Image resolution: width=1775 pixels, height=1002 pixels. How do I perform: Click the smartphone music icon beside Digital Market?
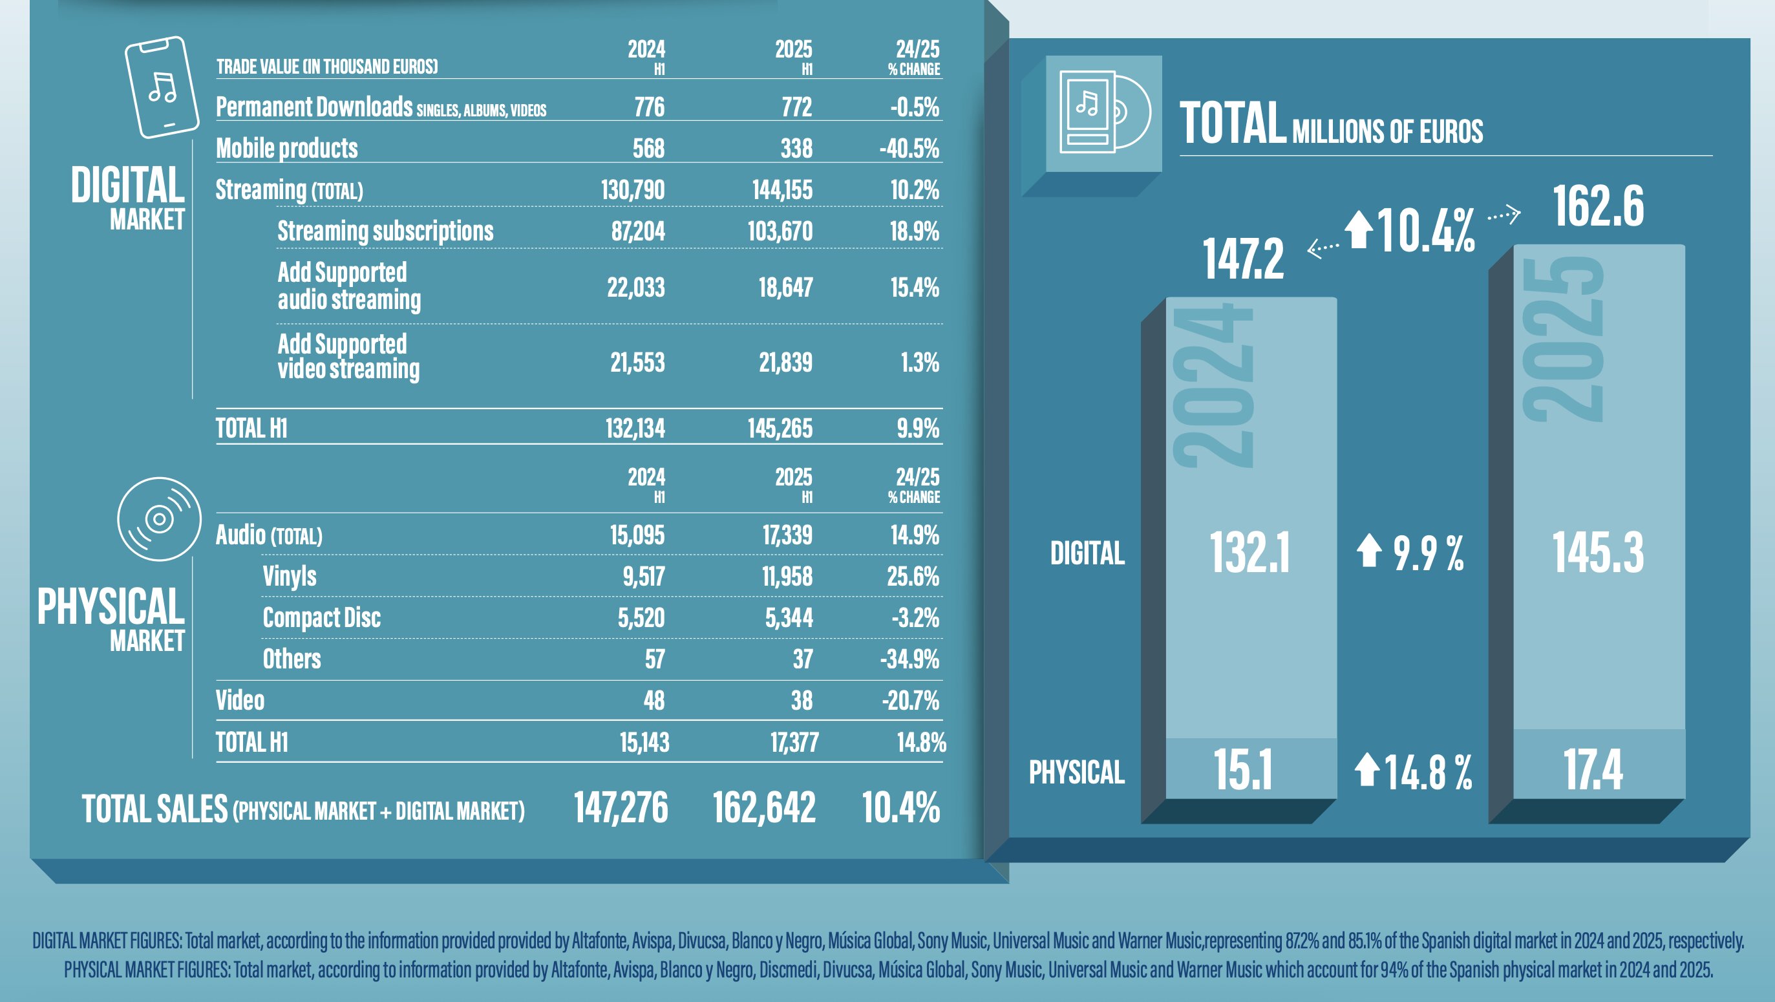pyautogui.click(x=162, y=87)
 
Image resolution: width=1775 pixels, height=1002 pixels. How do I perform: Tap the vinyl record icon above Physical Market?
pyautogui.click(x=159, y=519)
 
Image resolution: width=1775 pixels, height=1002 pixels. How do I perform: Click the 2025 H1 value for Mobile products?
pyautogui.click(x=796, y=148)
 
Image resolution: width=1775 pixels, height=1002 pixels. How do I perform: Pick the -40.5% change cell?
pyautogui.click(x=909, y=148)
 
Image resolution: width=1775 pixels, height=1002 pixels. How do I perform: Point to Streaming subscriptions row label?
pyautogui.click(x=385, y=231)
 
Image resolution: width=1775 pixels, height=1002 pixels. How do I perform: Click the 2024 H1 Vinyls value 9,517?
pyautogui.click(x=644, y=576)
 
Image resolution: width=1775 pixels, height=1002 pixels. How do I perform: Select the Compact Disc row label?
pyautogui.click(x=321, y=617)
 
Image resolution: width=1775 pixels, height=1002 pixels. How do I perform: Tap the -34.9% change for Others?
pyautogui.click(x=909, y=659)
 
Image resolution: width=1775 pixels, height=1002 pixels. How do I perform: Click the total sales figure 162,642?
pyautogui.click(x=764, y=807)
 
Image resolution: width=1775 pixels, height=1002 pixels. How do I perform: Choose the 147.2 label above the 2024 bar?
pyautogui.click(x=1244, y=259)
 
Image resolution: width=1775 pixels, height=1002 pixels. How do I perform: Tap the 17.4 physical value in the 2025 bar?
pyautogui.click(x=1593, y=770)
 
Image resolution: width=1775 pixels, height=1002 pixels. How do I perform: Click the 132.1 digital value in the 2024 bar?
pyautogui.click(x=1249, y=553)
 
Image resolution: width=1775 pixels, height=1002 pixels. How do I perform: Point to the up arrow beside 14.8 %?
pyautogui.click(x=1367, y=770)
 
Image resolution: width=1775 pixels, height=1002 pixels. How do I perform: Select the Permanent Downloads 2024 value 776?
pyautogui.click(x=649, y=107)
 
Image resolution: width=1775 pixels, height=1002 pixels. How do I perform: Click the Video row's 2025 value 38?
pyautogui.click(x=802, y=700)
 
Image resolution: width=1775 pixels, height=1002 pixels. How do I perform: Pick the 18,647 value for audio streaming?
pyautogui.click(x=785, y=288)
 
